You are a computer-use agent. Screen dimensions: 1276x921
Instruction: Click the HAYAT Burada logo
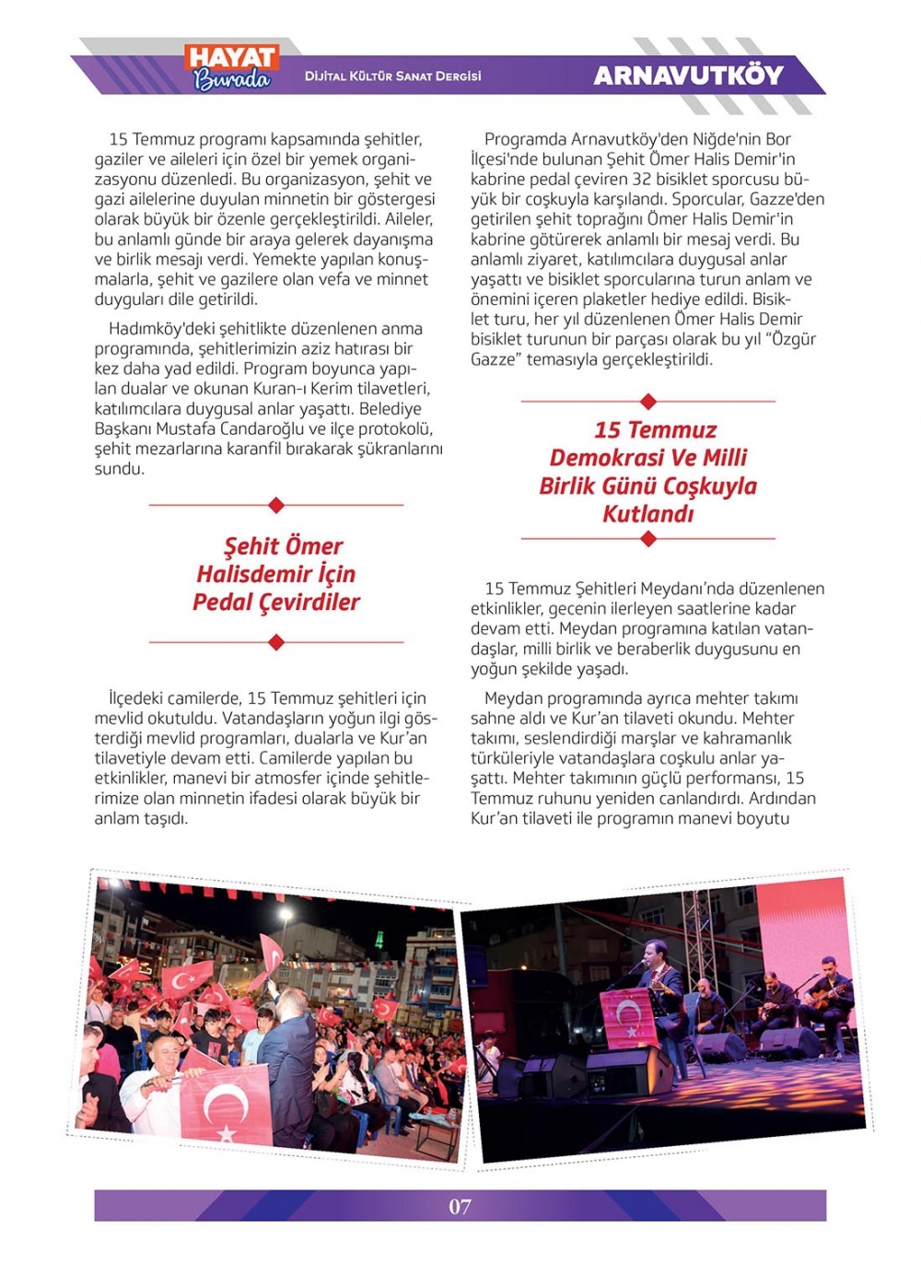pos(232,68)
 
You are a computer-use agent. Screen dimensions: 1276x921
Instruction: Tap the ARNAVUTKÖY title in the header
pos(688,76)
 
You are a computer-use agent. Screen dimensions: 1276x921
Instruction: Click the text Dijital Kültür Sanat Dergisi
pos(393,76)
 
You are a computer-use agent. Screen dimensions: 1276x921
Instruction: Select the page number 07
pos(460,1206)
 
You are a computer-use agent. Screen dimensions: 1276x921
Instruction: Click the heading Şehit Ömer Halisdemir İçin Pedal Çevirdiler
pos(276,574)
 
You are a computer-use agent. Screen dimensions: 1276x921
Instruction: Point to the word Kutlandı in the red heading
pos(647,514)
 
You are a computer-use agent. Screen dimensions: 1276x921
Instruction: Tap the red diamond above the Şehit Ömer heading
pos(276,505)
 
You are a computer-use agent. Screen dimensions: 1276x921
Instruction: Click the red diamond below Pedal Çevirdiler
pos(276,642)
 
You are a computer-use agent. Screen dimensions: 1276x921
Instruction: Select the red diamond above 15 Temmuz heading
pos(648,401)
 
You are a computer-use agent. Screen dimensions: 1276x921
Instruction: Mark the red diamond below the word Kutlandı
pos(648,539)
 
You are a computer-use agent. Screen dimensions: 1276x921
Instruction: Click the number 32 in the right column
pos(644,179)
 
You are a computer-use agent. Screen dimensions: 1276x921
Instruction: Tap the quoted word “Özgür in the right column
pos(791,339)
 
